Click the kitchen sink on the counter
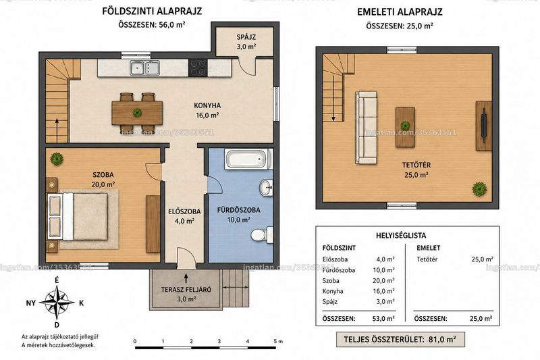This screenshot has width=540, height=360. (144, 68)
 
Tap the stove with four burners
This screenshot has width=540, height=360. (198, 68)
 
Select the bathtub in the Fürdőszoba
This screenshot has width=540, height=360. (246, 159)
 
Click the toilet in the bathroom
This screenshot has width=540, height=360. (262, 235)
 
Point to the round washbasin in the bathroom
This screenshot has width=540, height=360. (266, 188)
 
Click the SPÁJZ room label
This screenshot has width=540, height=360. (246, 37)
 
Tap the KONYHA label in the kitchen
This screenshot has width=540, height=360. (207, 106)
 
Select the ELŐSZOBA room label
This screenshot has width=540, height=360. (184, 211)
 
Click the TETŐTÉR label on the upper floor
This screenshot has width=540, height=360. (416, 165)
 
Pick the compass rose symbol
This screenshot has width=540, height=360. (57, 302)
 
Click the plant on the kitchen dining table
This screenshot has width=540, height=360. (138, 113)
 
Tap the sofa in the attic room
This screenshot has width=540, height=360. (367, 128)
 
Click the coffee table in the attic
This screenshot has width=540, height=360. (405, 127)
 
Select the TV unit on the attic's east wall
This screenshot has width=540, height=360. (484, 126)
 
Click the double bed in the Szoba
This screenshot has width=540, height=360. (78, 216)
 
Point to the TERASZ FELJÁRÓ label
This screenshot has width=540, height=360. (186, 290)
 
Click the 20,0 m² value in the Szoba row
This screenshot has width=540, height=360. (383, 281)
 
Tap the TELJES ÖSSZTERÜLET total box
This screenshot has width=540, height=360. (400, 339)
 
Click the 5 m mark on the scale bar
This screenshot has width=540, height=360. (278, 341)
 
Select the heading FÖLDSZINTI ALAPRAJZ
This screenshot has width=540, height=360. (152, 11)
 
